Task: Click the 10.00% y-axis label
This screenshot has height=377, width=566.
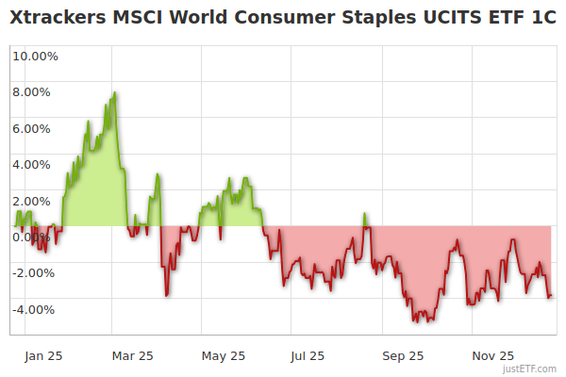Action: point(35,56)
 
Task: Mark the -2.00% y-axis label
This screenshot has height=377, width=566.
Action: point(36,273)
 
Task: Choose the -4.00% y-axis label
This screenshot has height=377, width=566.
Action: point(36,309)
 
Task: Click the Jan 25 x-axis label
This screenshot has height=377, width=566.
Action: point(43,356)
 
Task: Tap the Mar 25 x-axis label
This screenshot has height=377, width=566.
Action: point(132,356)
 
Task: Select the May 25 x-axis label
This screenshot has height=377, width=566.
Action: point(224,356)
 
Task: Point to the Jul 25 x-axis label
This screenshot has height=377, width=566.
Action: point(308,356)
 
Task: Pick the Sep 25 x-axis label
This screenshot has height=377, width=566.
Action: point(404,356)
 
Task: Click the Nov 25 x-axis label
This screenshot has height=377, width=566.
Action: point(492,356)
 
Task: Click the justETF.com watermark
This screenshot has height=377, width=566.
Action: point(530,369)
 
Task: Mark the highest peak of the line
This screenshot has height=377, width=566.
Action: point(114,92)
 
